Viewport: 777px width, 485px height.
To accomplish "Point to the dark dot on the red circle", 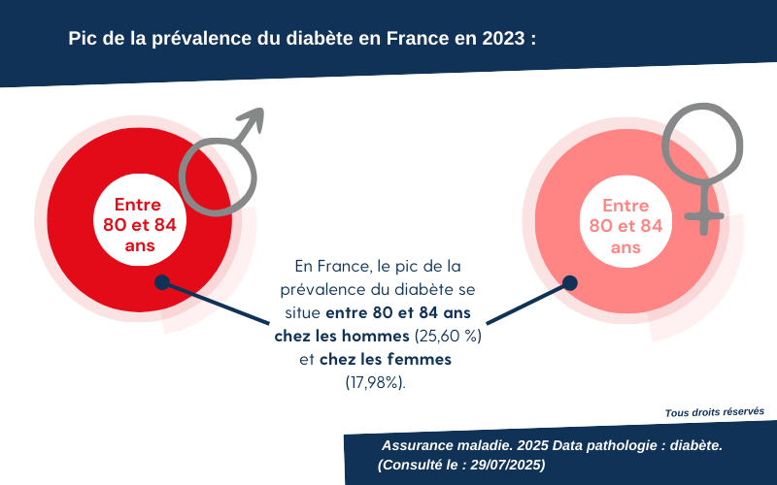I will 162,282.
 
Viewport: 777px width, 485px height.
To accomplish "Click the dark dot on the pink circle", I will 570,282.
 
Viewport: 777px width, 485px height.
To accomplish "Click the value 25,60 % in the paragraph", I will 448,337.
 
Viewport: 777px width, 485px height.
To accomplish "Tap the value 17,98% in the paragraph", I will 376,382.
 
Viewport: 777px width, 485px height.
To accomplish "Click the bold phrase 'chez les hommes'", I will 342,337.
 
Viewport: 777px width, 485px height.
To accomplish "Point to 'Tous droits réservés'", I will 714,411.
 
